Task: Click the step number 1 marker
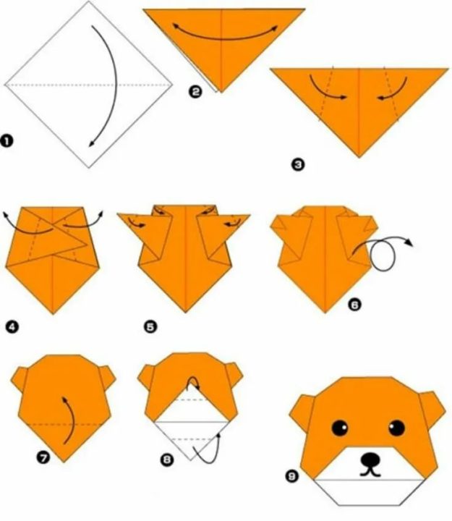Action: click(x=7, y=141)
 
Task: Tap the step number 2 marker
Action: click(x=195, y=91)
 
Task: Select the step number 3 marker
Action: click(x=297, y=164)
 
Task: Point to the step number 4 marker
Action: click(x=12, y=327)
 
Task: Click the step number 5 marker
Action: click(x=150, y=327)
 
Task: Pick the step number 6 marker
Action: click(x=354, y=305)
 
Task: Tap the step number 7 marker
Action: click(x=43, y=458)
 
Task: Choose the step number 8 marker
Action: click(x=167, y=460)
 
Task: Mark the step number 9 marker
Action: click(x=291, y=476)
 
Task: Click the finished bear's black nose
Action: click(x=370, y=459)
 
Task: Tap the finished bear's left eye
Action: click(x=340, y=428)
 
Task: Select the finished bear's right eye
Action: click(x=396, y=428)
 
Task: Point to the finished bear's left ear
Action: click(x=302, y=411)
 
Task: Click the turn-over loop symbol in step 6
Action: click(x=383, y=255)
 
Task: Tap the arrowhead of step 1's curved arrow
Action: click(x=91, y=143)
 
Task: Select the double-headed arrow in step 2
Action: click(x=224, y=38)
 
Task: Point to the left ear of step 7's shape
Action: click(x=20, y=379)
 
